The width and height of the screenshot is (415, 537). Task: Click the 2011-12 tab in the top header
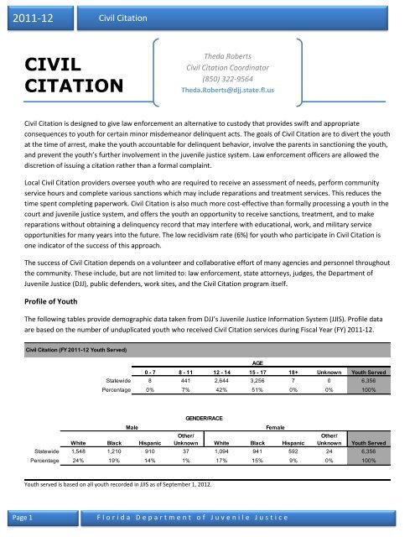(29, 17)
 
